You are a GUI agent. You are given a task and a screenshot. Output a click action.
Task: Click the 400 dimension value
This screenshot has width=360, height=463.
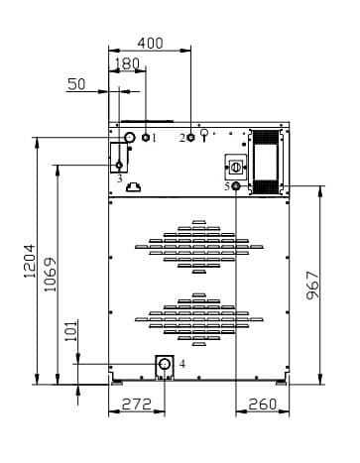tap(150, 44)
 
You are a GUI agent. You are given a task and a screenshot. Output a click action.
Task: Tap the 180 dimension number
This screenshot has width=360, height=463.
tap(128, 63)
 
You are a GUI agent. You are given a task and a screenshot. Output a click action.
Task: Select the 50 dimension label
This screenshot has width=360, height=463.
tap(76, 84)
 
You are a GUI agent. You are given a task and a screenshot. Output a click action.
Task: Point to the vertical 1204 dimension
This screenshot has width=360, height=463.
tap(29, 261)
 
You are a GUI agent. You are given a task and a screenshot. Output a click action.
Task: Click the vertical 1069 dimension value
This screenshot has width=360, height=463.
tap(51, 275)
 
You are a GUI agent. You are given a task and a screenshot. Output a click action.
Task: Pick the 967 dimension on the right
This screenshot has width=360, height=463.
tap(312, 286)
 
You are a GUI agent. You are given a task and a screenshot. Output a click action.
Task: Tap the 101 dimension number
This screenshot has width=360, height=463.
tap(70, 331)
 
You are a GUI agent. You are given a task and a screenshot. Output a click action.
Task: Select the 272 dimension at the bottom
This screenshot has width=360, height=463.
tap(137, 404)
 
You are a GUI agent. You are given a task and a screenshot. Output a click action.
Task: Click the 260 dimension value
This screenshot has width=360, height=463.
tap(262, 404)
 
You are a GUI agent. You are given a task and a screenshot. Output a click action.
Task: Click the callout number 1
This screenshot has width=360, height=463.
tap(154, 138)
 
